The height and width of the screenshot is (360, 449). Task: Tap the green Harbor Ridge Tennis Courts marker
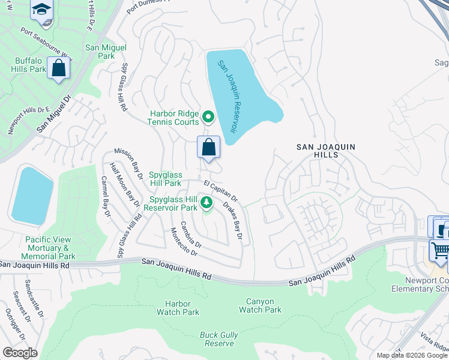click(208, 116)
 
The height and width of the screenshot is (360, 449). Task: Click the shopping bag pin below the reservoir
click(208, 147)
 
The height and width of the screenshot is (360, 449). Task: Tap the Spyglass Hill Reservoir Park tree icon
click(206, 203)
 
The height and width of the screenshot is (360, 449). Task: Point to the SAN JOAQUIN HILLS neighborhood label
click(327, 151)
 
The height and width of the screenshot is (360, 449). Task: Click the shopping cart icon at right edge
click(440, 250)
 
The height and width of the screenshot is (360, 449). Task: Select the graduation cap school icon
click(43, 10)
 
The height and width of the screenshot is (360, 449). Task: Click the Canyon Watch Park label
click(260, 305)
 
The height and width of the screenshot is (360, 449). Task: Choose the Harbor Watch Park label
click(178, 308)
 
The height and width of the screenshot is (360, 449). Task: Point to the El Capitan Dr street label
click(220, 190)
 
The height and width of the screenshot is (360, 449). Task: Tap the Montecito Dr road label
click(184, 241)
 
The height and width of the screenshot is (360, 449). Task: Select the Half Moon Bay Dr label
click(125, 186)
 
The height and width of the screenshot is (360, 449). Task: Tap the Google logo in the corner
click(20, 353)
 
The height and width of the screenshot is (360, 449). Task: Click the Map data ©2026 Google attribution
click(411, 355)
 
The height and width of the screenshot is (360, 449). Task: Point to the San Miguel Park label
click(106, 52)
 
